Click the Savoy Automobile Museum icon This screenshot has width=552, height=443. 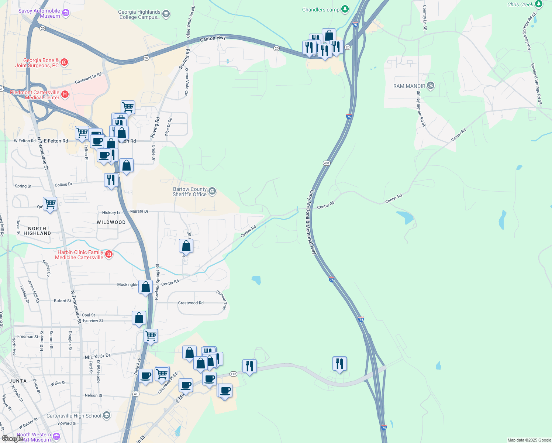66,13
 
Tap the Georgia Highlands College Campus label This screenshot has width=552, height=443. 139,14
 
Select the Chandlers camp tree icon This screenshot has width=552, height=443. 345,9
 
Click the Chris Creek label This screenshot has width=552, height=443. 520,4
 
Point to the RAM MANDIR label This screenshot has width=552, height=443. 409,86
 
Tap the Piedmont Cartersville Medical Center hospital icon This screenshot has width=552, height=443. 65,95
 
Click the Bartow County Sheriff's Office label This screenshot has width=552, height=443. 190,192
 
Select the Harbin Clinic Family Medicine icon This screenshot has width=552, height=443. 108,254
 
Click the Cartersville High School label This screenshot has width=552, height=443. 74,416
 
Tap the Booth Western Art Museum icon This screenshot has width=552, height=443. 56,437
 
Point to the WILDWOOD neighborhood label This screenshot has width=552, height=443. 111,222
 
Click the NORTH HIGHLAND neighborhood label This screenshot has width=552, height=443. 37,231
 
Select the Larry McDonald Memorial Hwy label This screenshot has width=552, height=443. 313,222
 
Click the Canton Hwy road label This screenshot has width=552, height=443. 213,38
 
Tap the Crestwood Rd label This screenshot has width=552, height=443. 191,303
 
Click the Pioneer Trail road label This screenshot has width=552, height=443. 222,300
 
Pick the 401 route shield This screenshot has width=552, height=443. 327,163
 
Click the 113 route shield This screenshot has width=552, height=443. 233,374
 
